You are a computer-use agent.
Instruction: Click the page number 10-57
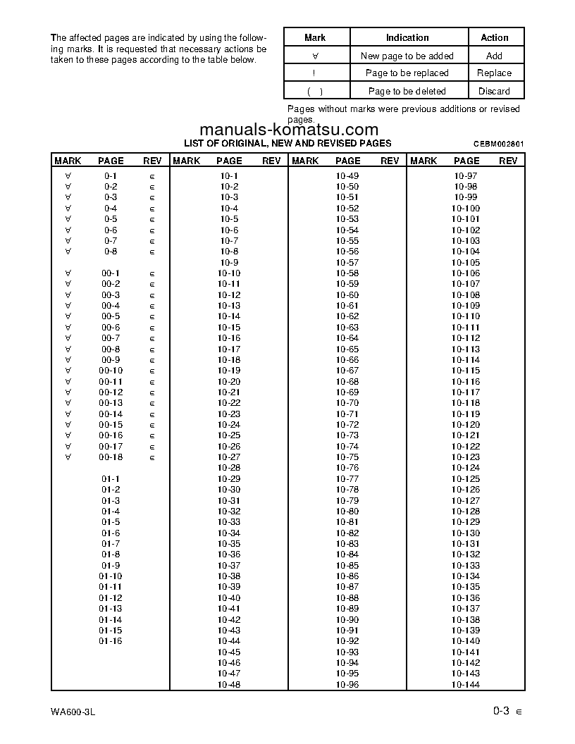[347, 263]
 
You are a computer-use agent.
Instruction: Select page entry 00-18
[111, 457]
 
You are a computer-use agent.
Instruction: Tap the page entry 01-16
[111, 641]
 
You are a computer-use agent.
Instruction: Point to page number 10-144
[466, 685]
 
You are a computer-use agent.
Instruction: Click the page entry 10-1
[229, 176]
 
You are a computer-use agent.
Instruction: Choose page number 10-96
[347, 685]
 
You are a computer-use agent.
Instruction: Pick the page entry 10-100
[466, 209]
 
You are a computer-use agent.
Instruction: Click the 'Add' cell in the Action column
[494, 56]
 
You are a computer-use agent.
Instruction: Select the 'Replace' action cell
[494, 73]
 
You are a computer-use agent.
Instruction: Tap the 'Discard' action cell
[494, 91]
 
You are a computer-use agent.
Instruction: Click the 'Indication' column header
[407, 37]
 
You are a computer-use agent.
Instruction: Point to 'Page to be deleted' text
[407, 91]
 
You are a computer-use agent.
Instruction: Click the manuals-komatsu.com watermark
[289, 130]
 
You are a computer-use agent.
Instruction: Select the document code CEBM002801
[498, 144]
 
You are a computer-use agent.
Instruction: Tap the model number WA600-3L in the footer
[73, 712]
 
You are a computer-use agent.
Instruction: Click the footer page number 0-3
[501, 712]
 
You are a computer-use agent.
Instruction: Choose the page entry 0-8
[111, 252]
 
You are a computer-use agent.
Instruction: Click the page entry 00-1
[111, 273]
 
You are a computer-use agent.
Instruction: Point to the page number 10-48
[229, 685]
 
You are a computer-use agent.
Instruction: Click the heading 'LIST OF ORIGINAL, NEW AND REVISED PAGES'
[287, 143]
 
